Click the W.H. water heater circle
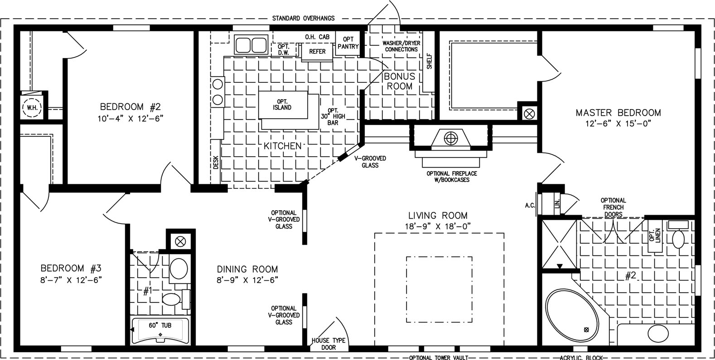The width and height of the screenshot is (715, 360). [32, 107]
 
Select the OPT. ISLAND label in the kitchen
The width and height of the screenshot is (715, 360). [282, 105]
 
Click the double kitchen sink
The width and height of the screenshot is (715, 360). [251, 45]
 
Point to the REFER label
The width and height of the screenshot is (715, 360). [317, 52]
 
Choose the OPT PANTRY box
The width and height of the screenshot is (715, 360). [348, 43]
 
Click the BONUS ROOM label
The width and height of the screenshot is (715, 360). [399, 82]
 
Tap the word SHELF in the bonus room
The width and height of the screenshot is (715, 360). [429, 61]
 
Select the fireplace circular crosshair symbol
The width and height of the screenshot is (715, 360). [451, 139]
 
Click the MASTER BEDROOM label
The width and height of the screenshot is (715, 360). [618, 113]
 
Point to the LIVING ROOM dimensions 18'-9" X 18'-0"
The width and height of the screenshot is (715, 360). [438, 226]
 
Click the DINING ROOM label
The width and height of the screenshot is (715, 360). [247, 269]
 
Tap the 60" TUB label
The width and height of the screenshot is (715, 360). [160, 325]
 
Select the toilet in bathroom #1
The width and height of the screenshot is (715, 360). [172, 299]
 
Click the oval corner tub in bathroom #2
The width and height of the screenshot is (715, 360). [572, 315]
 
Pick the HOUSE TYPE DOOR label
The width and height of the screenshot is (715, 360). [329, 344]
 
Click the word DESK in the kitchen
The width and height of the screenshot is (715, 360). [216, 162]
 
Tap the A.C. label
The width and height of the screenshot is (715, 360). [530, 206]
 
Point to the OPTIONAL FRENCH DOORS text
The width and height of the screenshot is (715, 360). [613, 207]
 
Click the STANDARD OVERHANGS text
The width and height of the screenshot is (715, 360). [303, 19]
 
